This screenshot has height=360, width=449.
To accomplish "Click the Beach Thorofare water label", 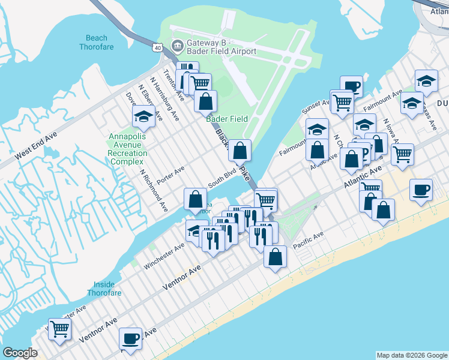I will [96, 41].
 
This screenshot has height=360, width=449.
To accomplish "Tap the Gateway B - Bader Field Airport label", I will [221, 47].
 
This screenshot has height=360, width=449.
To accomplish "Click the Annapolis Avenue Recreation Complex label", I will [127, 149].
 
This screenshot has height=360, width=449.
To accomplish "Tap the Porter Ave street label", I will [170, 175].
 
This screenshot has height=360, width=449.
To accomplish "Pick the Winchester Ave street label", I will [164, 256].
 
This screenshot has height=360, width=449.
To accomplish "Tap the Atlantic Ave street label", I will [363, 179].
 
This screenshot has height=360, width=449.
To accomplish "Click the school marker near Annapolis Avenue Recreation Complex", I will [143, 116].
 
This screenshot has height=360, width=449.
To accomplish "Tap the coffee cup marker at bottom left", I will [130, 339].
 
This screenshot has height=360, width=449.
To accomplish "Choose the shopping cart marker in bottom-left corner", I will [59, 328].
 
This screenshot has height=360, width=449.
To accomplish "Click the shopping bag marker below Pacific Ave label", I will [275, 256].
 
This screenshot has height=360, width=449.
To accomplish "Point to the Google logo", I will [20, 353].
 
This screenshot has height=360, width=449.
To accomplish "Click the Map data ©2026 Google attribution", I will [412, 355].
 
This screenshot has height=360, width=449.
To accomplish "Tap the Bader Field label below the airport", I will [228, 119].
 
